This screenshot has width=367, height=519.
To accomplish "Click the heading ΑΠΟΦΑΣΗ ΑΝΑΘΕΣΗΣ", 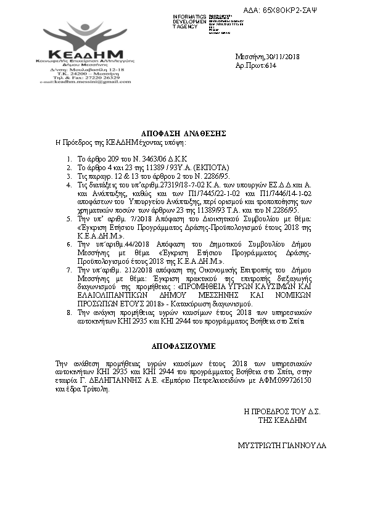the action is pyautogui.click(x=183, y=133).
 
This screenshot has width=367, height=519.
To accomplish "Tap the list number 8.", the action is pyautogui.click(x=68, y=314).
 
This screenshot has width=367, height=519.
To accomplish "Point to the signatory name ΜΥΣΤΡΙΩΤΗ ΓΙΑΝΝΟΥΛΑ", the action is pyautogui.click(x=282, y=445).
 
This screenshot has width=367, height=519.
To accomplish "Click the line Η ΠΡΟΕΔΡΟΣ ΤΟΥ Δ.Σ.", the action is pyautogui.click(x=282, y=411).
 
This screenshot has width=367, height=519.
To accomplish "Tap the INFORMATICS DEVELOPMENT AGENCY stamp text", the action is pyautogui.click(x=190, y=21).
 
